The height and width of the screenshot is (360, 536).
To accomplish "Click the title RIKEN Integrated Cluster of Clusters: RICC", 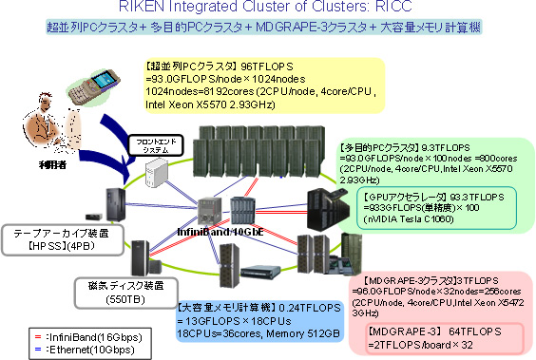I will (267, 9).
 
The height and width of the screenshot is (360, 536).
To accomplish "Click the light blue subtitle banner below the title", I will (267, 28).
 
